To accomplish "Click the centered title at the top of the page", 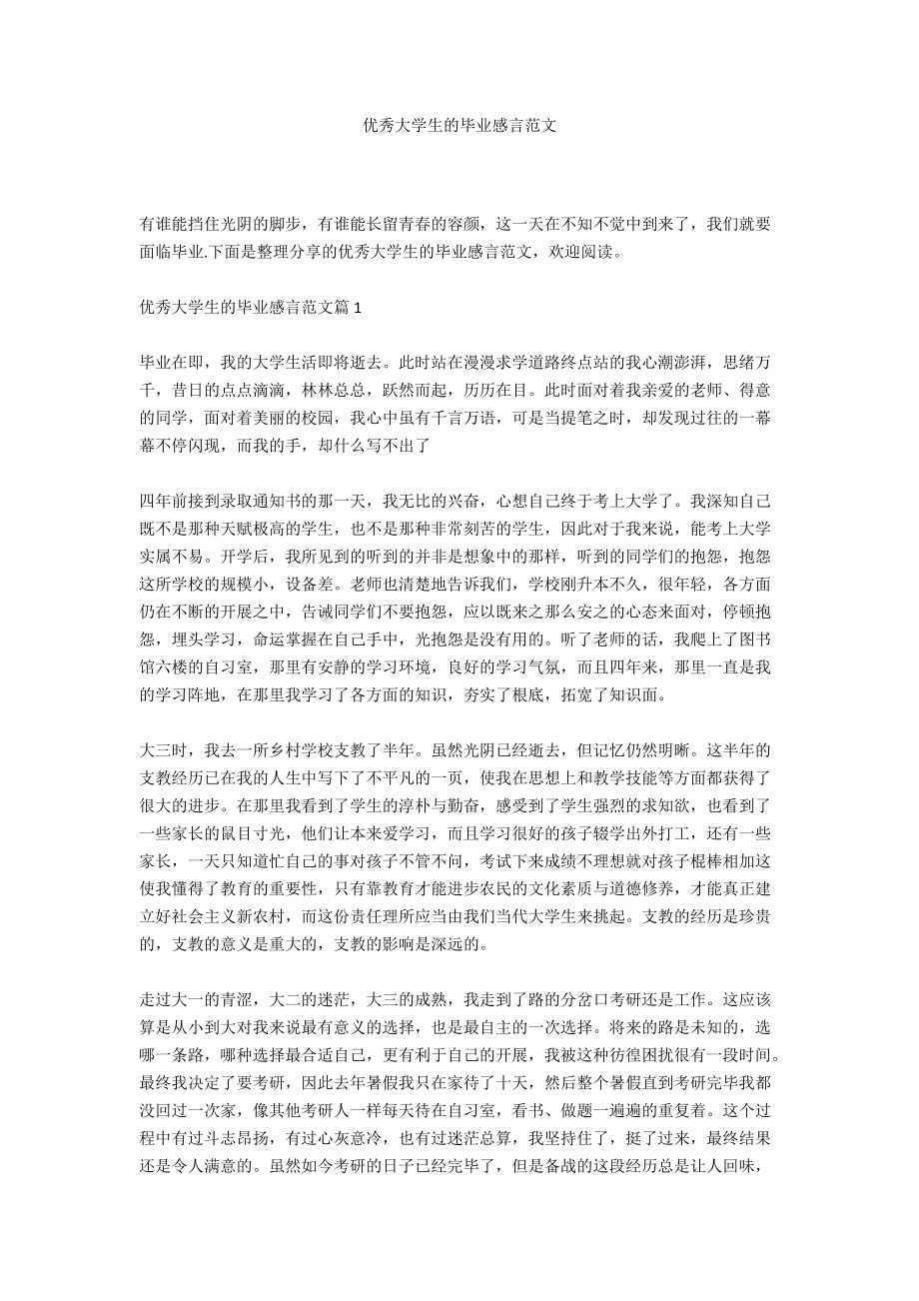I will (x=459, y=127).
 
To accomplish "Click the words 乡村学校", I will (x=313, y=748).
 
